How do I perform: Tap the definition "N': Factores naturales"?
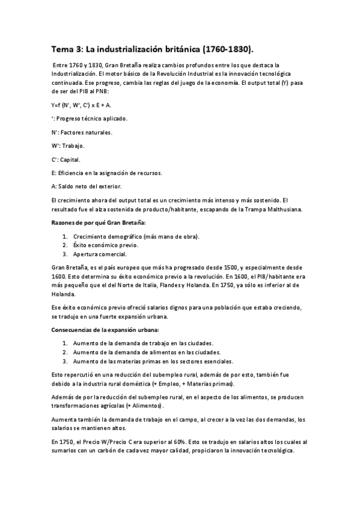point(82,132)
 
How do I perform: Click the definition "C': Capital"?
point(66,159)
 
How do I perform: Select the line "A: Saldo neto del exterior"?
point(87,186)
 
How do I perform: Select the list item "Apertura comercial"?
point(100,254)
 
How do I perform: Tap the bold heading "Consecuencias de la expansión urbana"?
point(106,330)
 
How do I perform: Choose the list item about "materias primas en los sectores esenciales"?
point(153,361)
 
